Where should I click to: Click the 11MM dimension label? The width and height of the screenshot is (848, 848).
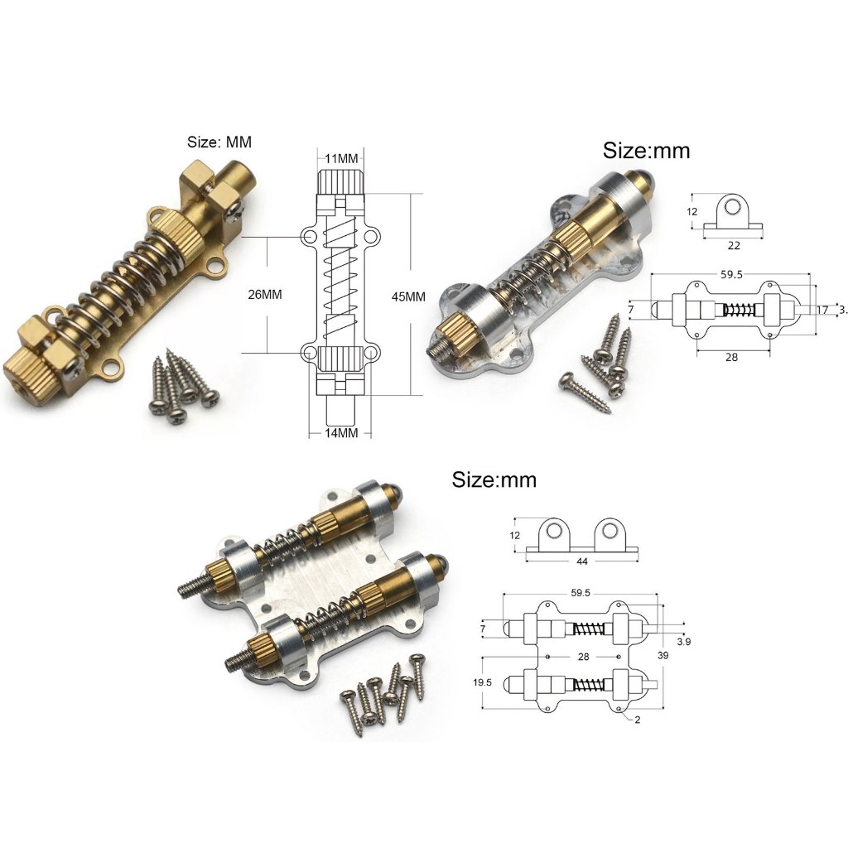click(x=341, y=158)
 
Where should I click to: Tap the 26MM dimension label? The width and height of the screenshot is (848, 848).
click(x=264, y=295)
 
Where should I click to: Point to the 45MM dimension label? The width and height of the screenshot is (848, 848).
click(x=408, y=297)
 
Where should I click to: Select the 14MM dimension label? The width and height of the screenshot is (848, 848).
click(x=340, y=432)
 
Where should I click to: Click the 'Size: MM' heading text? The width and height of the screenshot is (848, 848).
click(x=219, y=142)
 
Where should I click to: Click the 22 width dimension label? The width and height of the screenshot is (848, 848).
click(x=734, y=245)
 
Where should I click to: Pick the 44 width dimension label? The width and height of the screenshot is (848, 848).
click(x=582, y=561)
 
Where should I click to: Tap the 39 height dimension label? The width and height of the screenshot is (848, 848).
click(x=662, y=656)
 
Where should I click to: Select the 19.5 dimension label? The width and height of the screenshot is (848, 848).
click(x=482, y=682)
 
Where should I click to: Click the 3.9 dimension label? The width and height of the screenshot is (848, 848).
click(x=683, y=642)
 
